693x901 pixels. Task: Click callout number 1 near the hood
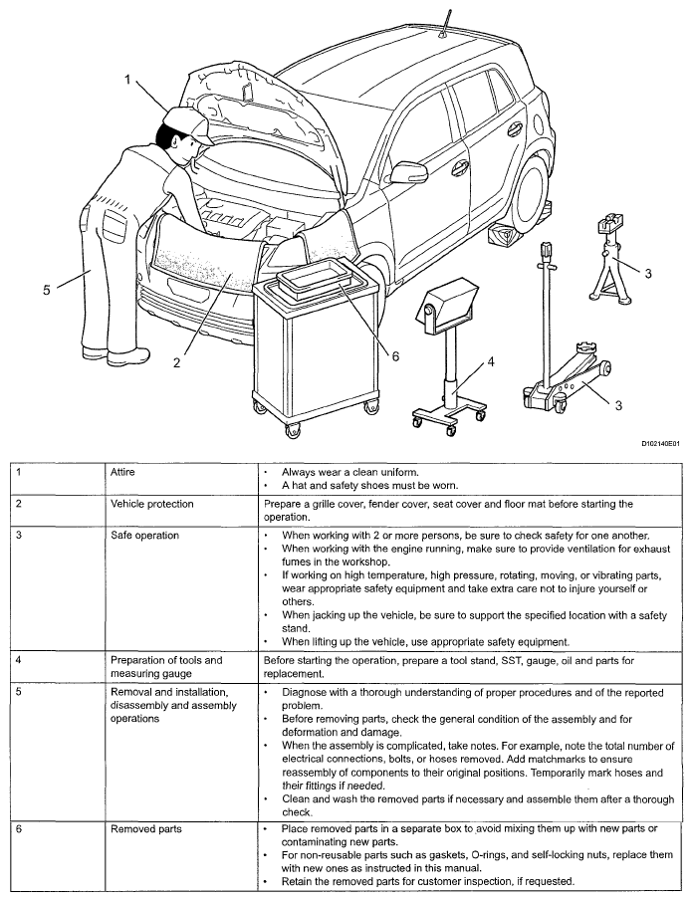(x=127, y=81)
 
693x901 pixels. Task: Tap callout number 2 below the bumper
(x=176, y=362)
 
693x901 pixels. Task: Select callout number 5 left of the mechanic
(x=46, y=290)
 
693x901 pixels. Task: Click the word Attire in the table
(x=122, y=472)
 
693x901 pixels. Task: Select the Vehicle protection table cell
(x=152, y=504)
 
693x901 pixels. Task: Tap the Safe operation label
(x=144, y=536)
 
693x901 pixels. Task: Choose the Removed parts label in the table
(x=145, y=826)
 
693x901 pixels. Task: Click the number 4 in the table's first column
(x=14, y=659)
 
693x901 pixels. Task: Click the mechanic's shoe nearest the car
(x=130, y=356)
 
